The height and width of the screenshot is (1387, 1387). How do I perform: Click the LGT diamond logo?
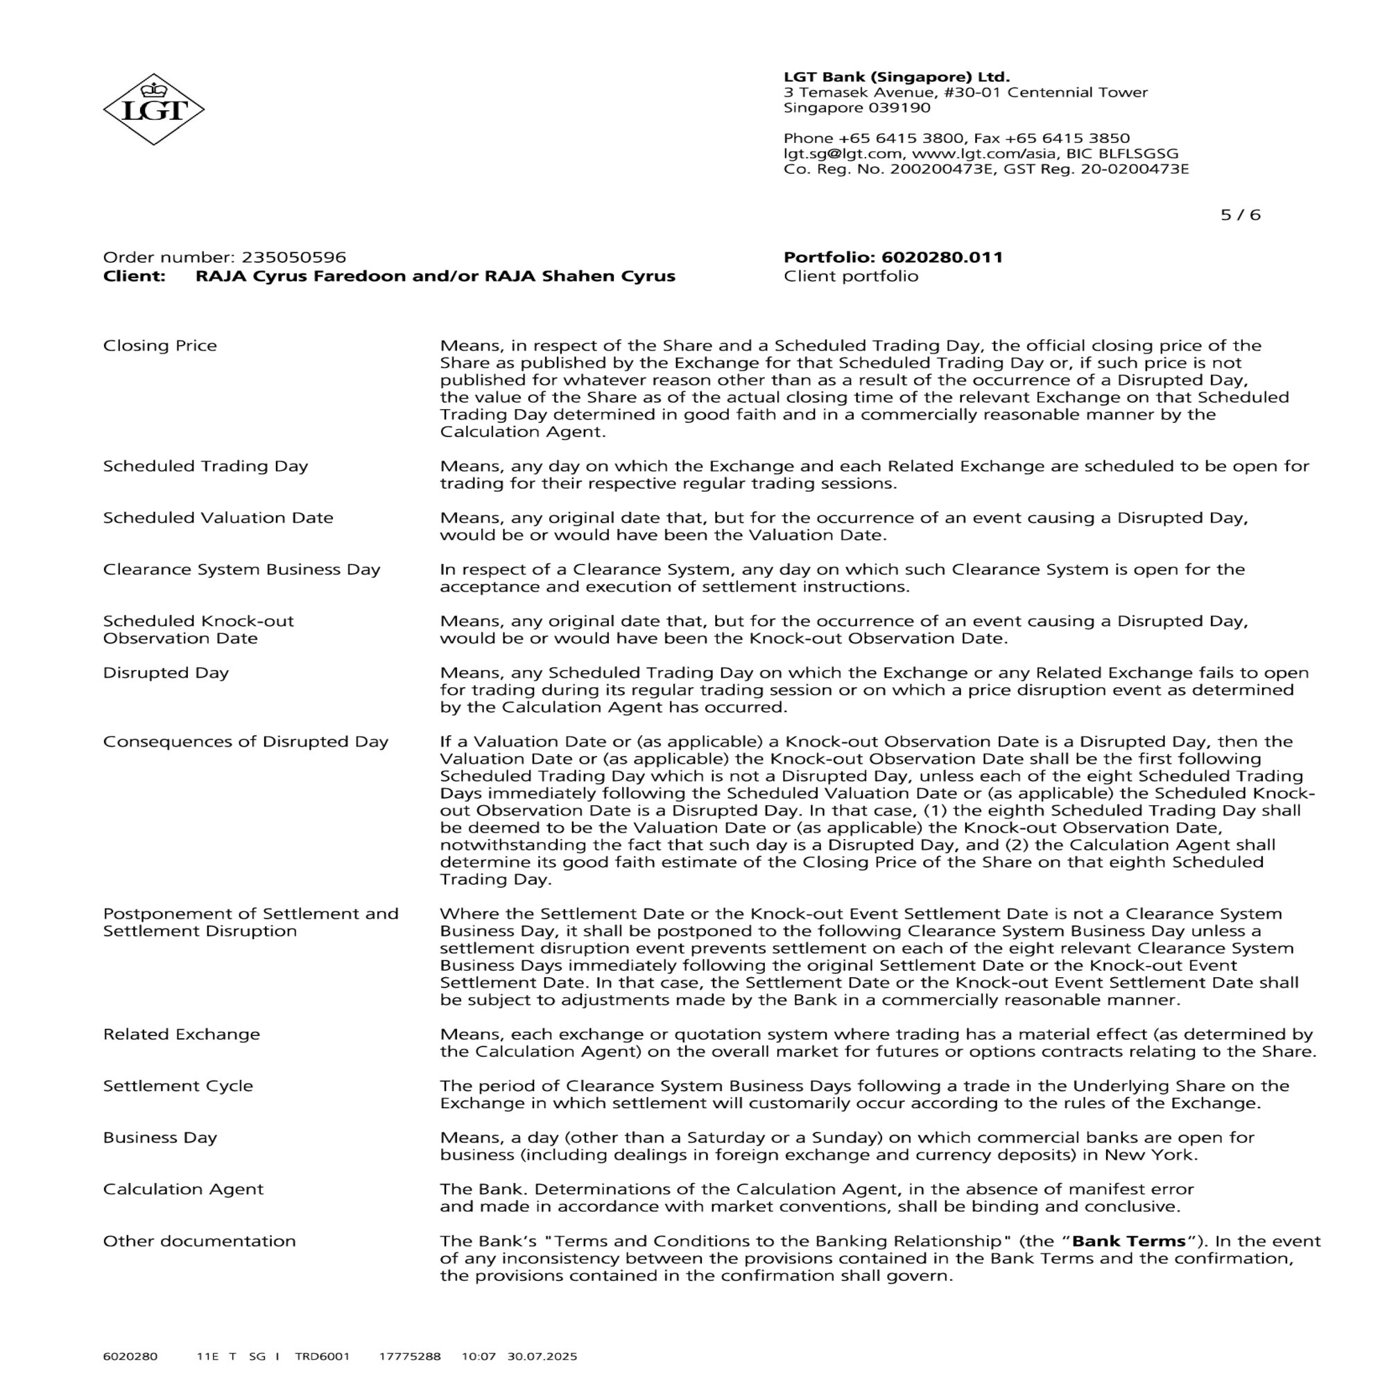pyautogui.click(x=154, y=109)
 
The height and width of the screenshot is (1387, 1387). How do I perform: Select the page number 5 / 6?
pyautogui.click(x=1240, y=215)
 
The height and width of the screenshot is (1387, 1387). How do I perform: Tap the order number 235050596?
pyautogui.click(x=293, y=257)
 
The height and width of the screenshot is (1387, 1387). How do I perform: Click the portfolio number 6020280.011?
pyautogui.click(x=942, y=257)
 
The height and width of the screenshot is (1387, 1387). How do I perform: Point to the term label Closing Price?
pyautogui.click(x=160, y=345)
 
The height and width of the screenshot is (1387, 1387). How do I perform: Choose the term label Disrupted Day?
pyautogui.click(x=166, y=673)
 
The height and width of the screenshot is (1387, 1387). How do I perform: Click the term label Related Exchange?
pyautogui.click(x=182, y=1035)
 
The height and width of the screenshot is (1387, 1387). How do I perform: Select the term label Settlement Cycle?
pyautogui.click(x=178, y=1086)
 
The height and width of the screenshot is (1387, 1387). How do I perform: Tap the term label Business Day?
pyautogui.click(x=160, y=1138)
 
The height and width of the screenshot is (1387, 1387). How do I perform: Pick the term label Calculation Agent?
pyautogui.click(x=183, y=1189)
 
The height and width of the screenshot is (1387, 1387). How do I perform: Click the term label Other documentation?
pyautogui.click(x=200, y=1241)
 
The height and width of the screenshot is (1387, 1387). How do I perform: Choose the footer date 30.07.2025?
pyautogui.click(x=542, y=1356)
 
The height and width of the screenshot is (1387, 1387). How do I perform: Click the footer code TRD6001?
pyautogui.click(x=322, y=1356)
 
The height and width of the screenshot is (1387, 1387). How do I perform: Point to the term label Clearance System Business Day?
pyautogui.click(x=241, y=569)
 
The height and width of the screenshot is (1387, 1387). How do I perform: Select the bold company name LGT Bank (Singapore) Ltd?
pyautogui.click(x=897, y=77)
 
